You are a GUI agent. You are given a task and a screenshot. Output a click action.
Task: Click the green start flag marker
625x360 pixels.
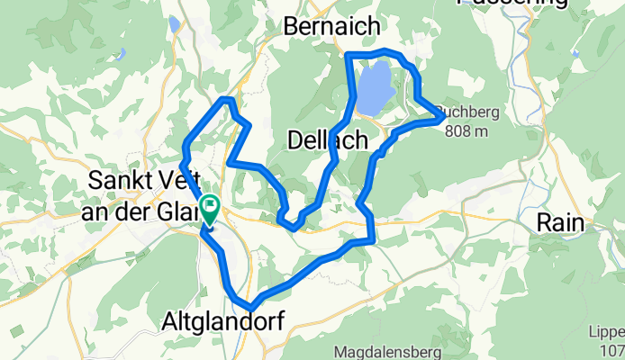coord(209,207)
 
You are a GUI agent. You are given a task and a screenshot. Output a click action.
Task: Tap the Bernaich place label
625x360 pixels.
coord(331,27)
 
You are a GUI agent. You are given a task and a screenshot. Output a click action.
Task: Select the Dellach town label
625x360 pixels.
coord(328,139)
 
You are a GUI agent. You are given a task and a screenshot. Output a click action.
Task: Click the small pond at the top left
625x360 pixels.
coord(172,24)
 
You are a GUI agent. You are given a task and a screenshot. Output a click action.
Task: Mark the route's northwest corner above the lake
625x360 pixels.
coord(349,56)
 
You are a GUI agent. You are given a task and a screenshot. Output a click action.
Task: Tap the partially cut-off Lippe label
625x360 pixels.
coord(611,329)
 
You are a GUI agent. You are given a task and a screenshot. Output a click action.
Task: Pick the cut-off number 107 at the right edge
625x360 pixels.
coord(613,348)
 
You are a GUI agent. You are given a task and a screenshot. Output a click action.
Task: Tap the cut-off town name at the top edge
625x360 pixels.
coord(513,3)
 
